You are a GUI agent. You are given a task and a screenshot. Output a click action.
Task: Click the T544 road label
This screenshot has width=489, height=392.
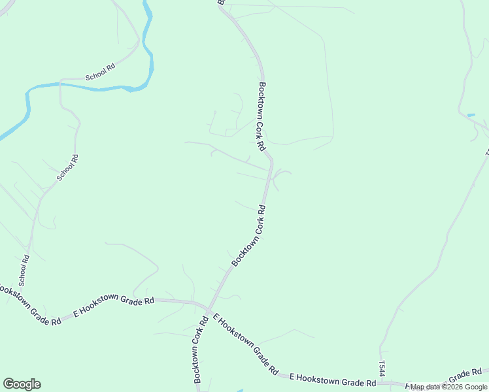click(382, 368)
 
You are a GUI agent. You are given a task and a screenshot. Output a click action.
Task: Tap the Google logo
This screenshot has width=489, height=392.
click(22, 384)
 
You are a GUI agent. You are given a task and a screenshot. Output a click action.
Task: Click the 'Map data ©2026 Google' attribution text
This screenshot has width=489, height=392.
click(448, 387)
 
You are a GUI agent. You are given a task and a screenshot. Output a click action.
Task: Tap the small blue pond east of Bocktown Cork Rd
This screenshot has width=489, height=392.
click(471, 116)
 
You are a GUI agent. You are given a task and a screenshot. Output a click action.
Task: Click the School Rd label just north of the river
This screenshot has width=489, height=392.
click(100, 72)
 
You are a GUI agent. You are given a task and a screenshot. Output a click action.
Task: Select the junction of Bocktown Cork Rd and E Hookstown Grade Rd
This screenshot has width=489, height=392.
click(207, 306)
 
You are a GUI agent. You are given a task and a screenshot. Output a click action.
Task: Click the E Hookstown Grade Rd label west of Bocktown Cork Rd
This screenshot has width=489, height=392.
click(114, 305)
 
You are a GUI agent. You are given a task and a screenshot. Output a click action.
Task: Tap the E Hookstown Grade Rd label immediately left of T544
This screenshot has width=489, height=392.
click(333, 379)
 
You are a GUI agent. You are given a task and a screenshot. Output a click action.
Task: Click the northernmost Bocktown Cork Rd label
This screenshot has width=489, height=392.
click(261, 116)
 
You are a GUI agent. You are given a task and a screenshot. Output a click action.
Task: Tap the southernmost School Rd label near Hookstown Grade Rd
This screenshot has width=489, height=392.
click(24, 270)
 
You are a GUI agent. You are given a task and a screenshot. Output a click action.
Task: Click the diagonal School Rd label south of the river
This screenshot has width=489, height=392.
click(67, 167)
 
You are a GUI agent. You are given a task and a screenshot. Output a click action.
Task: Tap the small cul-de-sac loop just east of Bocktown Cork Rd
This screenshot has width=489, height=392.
click(282, 174)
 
